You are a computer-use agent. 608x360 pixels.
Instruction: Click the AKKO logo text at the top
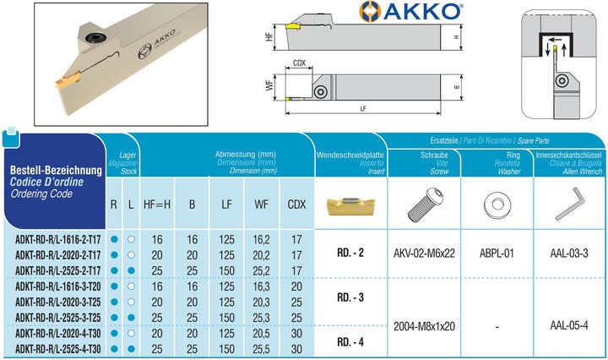click(x=422, y=11)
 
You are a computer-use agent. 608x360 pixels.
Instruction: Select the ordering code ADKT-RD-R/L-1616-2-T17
click(x=57, y=239)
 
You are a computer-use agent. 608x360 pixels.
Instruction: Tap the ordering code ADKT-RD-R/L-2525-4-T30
click(x=57, y=349)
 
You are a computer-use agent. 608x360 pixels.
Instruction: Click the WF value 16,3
click(x=261, y=286)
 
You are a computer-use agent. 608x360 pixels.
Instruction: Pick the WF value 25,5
click(x=261, y=349)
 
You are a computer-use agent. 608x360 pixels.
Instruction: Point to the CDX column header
click(x=296, y=205)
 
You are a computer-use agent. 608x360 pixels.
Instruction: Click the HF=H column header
click(x=157, y=205)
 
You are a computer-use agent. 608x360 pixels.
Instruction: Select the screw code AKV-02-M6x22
click(x=424, y=254)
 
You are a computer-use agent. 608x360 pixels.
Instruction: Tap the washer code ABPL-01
click(x=497, y=254)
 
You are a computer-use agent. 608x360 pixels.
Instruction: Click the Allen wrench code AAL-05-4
click(x=569, y=325)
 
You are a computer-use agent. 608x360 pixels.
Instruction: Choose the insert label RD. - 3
click(x=350, y=297)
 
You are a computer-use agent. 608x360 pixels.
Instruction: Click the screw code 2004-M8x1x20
click(x=424, y=326)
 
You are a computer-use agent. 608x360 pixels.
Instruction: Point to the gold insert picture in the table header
click(x=350, y=205)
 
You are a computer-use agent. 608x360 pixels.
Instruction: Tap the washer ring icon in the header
click(x=497, y=205)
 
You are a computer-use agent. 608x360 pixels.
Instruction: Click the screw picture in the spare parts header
click(x=425, y=205)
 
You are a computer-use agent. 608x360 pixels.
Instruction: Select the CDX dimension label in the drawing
click(x=299, y=63)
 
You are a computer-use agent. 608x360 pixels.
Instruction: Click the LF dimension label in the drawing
click(x=363, y=109)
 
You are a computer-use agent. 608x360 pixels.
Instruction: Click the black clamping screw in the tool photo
click(x=95, y=37)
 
